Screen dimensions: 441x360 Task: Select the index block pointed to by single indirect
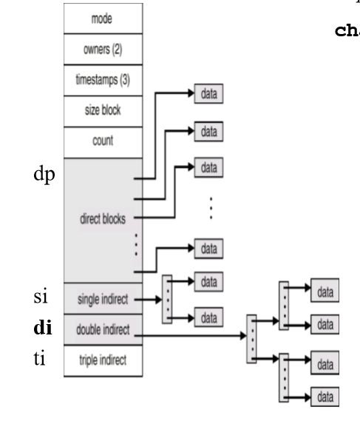coord(167,300)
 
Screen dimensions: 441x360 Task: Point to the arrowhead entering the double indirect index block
coord(243,334)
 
